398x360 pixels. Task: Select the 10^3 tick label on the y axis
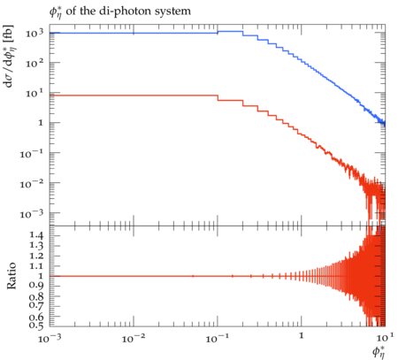point(34,34)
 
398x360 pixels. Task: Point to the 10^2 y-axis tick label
point(34,63)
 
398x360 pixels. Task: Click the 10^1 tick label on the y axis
point(34,94)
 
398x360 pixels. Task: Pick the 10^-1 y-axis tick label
point(32,154)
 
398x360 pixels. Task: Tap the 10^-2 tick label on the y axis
point(32,184)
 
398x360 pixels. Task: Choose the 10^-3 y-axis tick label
point(32,214)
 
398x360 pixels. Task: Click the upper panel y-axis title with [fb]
point(8,56)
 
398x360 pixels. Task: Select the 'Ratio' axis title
point(11,276)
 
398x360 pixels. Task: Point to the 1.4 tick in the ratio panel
point(35,235)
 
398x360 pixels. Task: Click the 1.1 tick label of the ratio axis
point(35,266)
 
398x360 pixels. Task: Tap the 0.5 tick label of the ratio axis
point(35,326)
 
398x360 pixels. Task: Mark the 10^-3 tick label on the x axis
point(50,339)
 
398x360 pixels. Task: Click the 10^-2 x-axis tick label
point(134,339)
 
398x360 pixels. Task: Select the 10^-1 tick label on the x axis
point(218,339)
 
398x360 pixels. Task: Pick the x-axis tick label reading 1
point(301,336)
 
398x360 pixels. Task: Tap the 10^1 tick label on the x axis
point(385,338)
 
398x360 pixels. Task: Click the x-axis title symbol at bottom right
point(379,352)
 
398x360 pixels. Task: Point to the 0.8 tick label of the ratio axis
point(35,296)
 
